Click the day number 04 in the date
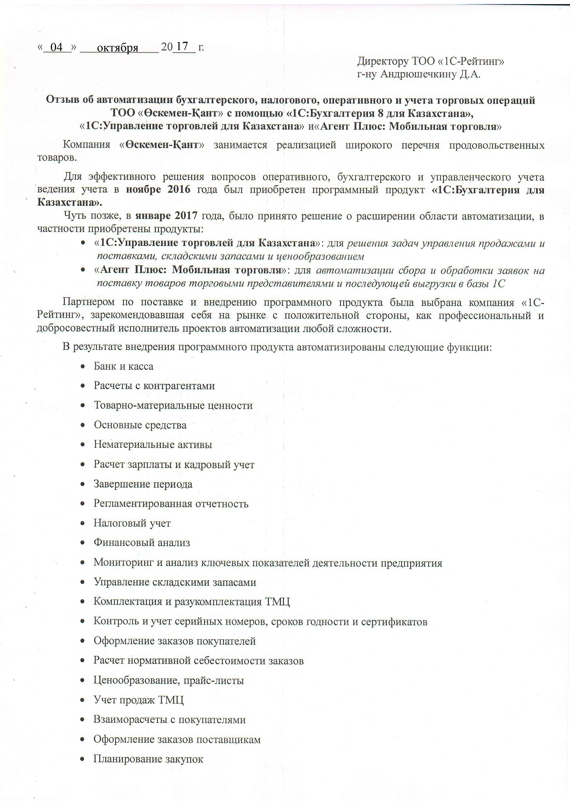[57, 47]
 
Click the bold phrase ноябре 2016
[158, 190]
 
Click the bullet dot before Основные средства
[83, 425]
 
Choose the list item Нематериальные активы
[153, 445]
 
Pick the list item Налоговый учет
[132, 523]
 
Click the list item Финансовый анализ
[141, 543]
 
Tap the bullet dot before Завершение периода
[83, 484]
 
